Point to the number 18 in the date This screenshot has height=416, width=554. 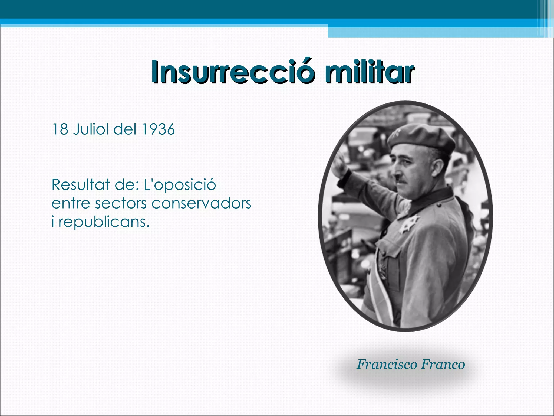[x=60, y=129]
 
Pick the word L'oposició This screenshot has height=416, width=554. [x=180, y=185]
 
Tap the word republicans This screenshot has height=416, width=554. [x=104, y=222]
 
